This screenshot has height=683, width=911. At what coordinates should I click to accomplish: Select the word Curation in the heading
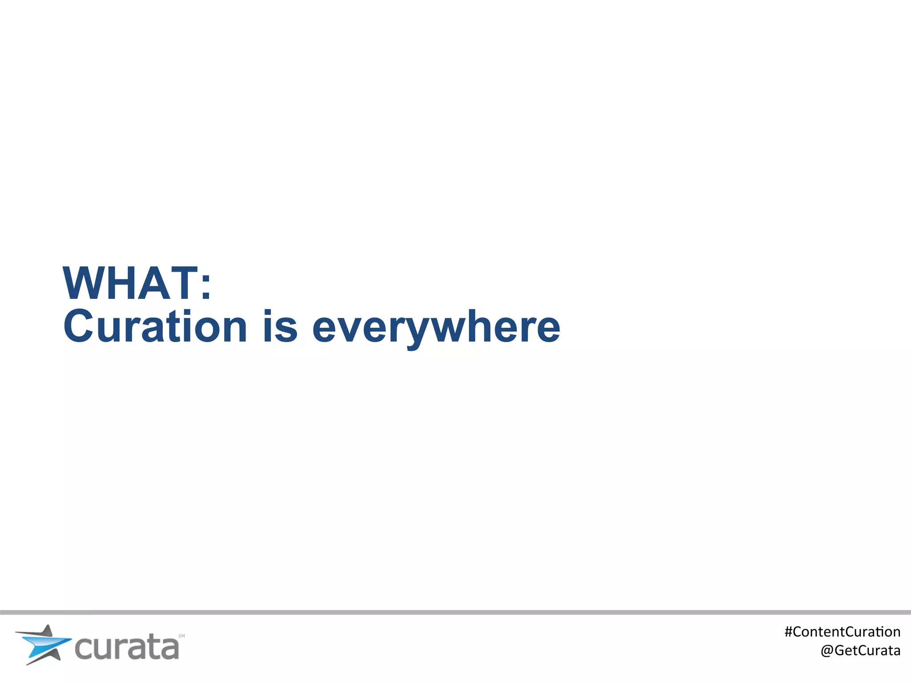pos(155,327)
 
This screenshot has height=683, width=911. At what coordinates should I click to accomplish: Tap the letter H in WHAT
pos(125,283)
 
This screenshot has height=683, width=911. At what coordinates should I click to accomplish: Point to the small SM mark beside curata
pos(181,636)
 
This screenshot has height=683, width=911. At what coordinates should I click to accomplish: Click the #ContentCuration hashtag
pos(842,632)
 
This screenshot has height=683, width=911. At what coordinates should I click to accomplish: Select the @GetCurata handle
pos(860,651)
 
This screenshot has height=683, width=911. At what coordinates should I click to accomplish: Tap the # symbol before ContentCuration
pos(789,632)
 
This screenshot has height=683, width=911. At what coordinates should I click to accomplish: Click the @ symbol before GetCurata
pos(827,651)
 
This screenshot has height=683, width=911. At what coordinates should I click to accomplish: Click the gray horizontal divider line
pos(455,612)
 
